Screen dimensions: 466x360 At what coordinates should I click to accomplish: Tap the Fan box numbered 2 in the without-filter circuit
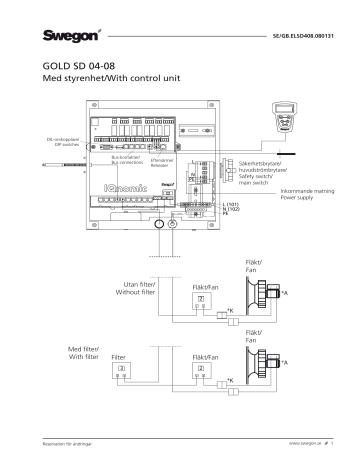pos(201,299)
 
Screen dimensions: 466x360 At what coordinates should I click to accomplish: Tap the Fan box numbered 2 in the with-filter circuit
pos(201,369)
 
